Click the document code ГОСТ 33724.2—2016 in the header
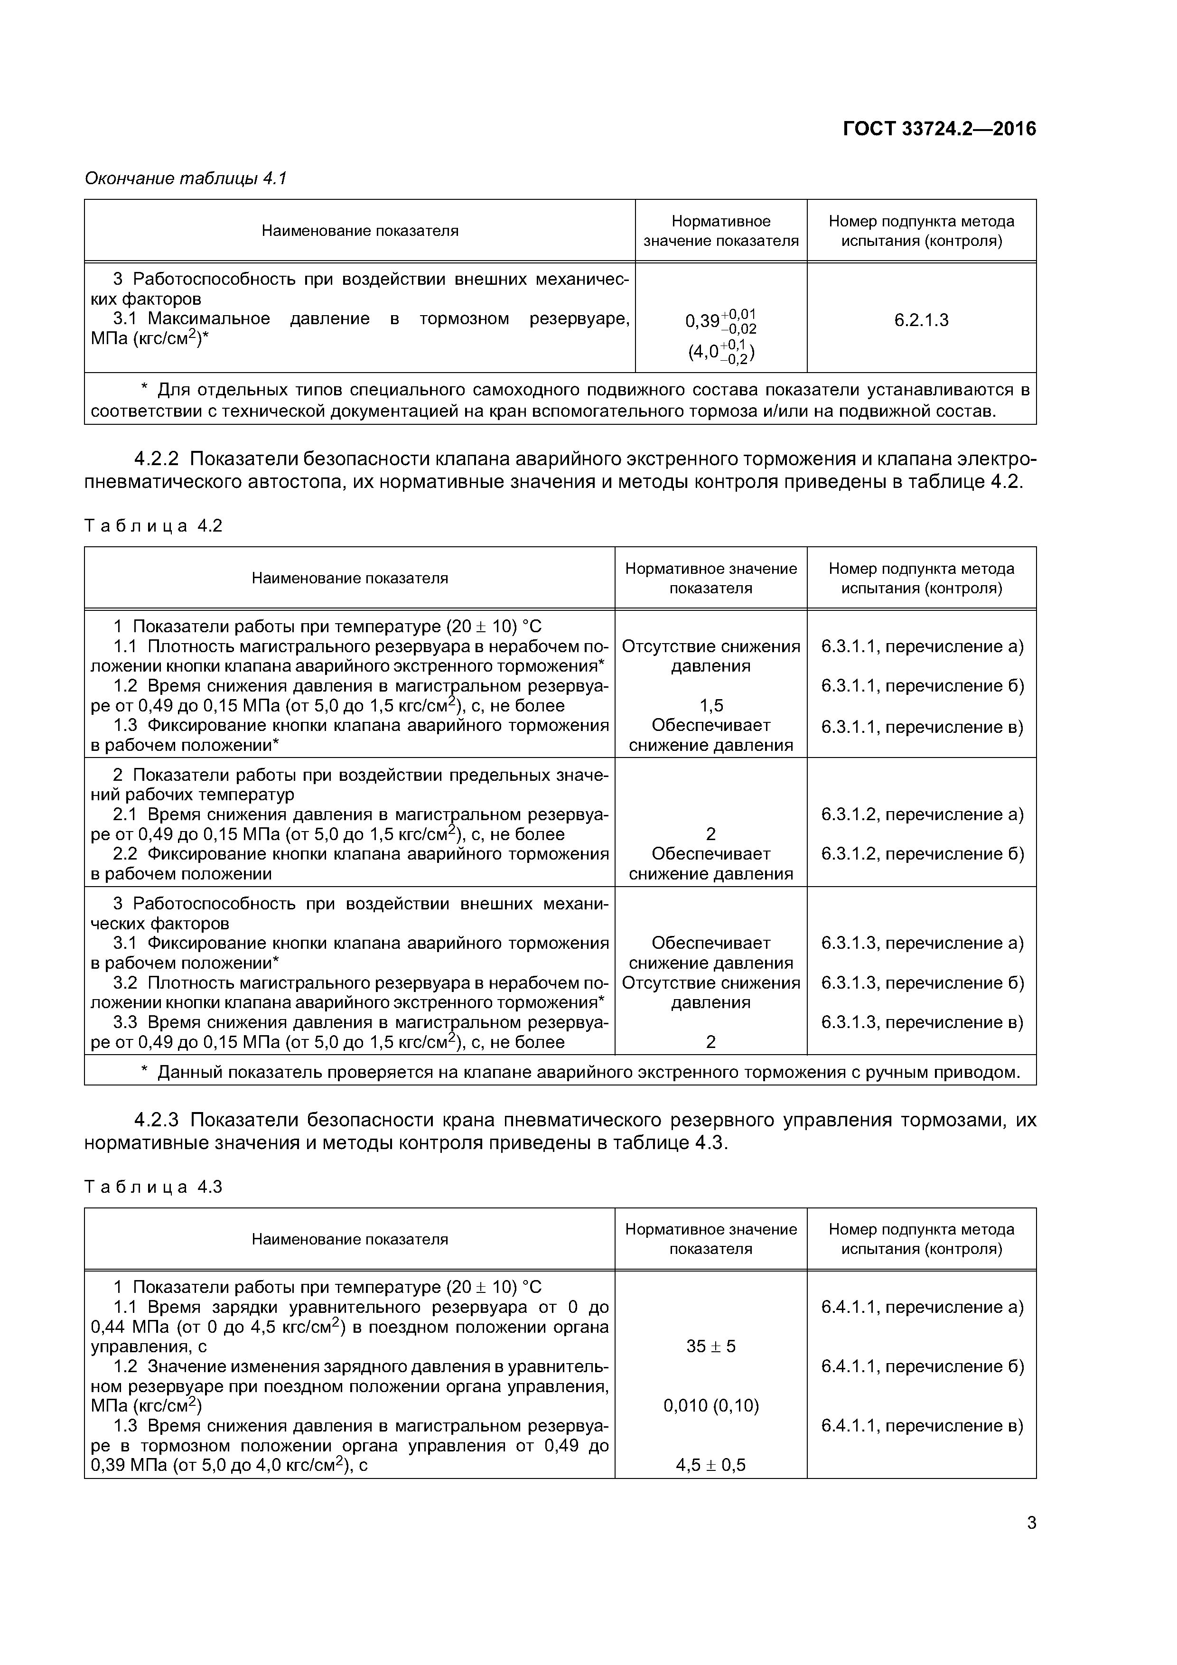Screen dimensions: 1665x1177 [939, 129]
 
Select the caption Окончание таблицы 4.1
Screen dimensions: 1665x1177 [186, 178]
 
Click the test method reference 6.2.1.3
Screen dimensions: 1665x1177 [921, 320]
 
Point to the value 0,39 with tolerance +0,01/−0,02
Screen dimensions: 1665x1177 [720, 320]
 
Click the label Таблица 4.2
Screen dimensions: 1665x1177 [153, 526]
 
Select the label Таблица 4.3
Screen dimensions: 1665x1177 [153, 1187]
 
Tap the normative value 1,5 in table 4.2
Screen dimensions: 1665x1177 [710, 706]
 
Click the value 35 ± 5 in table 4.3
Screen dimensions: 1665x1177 [710, 1347]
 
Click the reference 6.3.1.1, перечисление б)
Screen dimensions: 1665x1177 [922, 686]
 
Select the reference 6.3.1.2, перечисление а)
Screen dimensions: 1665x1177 [922, 814]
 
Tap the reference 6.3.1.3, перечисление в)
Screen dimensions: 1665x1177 [922, 1022]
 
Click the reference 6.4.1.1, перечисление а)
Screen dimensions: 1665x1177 [922, 1307]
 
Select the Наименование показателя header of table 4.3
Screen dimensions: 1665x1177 [350, 1239]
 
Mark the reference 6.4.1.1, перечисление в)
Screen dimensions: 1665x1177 [922, 1426]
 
